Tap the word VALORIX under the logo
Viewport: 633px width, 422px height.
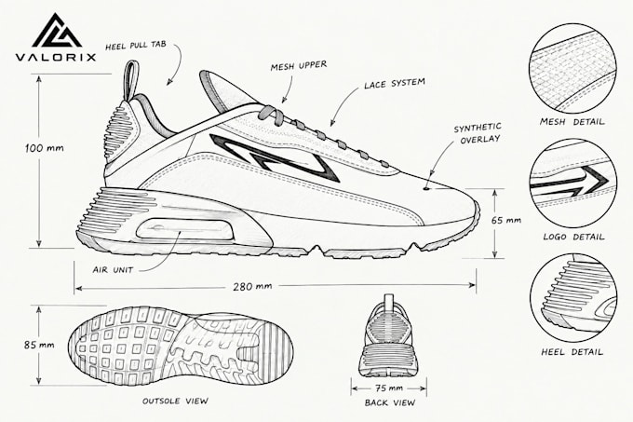point(56,57)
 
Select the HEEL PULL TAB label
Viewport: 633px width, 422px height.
point(136,46)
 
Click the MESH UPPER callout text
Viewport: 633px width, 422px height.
point(298,65)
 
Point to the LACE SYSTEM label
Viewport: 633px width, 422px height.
point(395,83)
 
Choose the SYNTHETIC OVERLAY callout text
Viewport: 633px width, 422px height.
point(478,133)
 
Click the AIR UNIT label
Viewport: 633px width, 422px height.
point(113,270)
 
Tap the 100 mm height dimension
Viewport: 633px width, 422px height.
point(45,148)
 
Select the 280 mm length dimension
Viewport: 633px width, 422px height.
point(252,286)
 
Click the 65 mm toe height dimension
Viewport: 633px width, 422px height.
point(506,221)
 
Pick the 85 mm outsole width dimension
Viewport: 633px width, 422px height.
point(39,345)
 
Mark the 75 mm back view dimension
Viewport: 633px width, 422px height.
point(389,388)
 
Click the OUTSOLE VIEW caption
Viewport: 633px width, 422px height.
point(175,401)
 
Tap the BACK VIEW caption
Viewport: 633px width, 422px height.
point(389,402)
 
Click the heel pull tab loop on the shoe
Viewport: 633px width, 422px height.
point(128,81)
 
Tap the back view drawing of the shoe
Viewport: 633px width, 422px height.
point(389,336)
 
